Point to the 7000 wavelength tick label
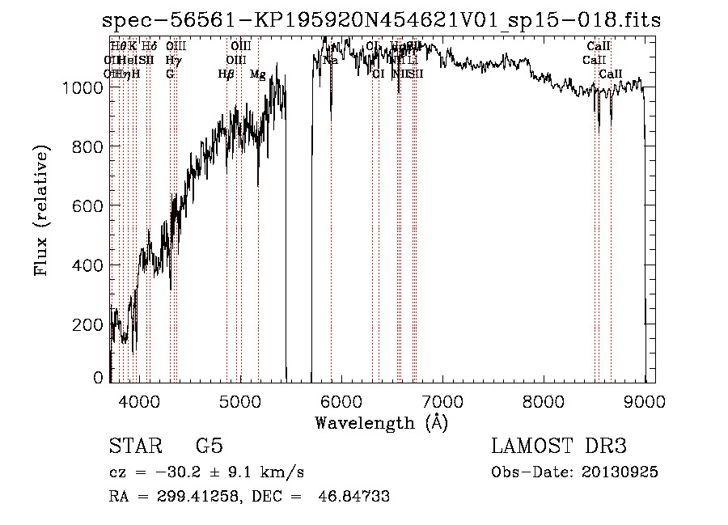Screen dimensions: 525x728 pos(442,401)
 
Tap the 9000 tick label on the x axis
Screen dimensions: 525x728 pos(645,401)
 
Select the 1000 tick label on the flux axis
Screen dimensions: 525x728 pos(84,87)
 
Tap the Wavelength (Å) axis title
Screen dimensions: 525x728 pos(381,422)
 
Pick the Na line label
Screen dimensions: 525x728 pos(330,60)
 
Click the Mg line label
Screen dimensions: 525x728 pos(258,74)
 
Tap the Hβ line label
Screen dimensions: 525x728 pos(226,74)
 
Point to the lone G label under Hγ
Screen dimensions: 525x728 pos(170,74)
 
